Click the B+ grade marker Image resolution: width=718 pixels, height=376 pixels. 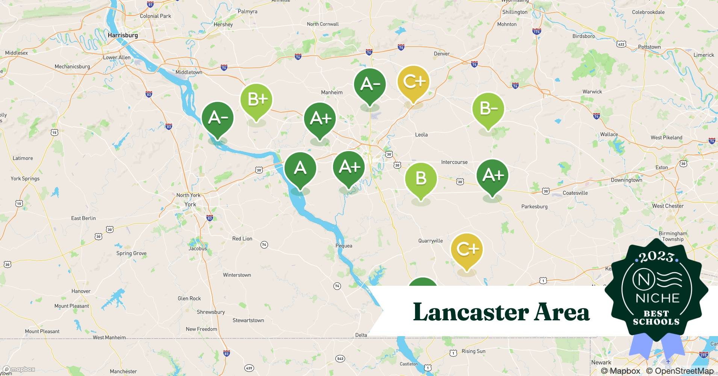click(x=256, y=100)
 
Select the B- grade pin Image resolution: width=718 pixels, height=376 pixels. click(x=488, y=109)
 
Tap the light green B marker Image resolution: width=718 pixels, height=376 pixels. click(x=421, y=179)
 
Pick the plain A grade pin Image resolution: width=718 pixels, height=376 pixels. click(x=300, y=168)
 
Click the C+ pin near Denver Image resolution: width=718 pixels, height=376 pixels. click(x=414, y=82)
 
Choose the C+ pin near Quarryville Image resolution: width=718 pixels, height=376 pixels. click(x=467, y=249)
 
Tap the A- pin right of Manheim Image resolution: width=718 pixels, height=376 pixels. click(x=370, y=85)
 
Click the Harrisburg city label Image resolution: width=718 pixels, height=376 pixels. click(x=123, y=35)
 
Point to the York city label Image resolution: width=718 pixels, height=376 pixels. click(x=190, y=205)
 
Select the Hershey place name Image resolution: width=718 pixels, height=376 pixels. click(x=223, y=24)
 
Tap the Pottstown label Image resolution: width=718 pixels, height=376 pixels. click(x=649, y=47)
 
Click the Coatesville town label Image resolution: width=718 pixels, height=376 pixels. click(x=575, y=193)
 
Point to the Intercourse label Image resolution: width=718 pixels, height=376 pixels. click(x=454, y=162)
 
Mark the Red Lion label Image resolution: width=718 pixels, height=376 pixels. click(x=242, y=239)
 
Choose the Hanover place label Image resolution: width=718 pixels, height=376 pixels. click(x=81, y=291)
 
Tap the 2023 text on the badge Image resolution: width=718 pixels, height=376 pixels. click(x=656, y=257)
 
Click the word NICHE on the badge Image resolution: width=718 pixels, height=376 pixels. click(x=657, y=298)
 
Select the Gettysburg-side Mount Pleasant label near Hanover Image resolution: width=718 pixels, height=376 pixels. click(x=71, y=306)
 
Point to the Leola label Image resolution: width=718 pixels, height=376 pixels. click(x=421, y=135)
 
